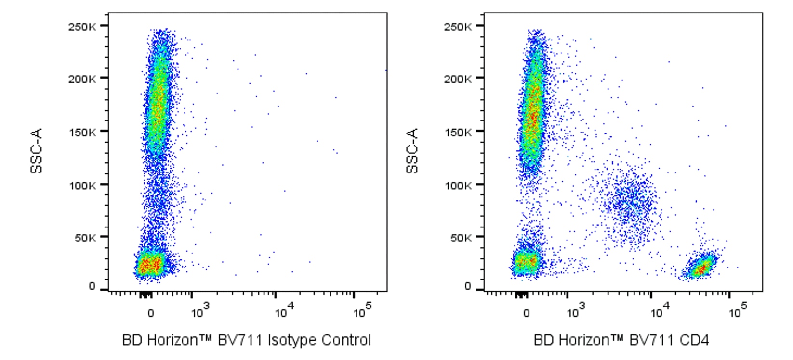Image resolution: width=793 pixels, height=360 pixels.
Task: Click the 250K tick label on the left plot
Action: [81, 27]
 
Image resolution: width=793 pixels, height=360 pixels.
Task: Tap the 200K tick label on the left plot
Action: [81, 79]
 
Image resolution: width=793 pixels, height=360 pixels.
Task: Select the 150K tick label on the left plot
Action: [81, 132]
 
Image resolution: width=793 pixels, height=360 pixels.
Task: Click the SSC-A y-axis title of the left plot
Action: [37, 151]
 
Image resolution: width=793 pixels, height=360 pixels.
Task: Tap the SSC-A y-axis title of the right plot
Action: [412, 151]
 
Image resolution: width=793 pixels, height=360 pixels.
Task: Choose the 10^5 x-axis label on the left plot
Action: [362, 311]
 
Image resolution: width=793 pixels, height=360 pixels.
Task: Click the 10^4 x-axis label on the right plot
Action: [659, 311]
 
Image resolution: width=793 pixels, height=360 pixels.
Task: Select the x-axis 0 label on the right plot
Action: [526, 313]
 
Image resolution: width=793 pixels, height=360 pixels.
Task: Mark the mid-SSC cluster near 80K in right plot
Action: [629, 202]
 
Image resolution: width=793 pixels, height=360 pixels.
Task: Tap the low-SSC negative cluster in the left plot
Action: [151, 264]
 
